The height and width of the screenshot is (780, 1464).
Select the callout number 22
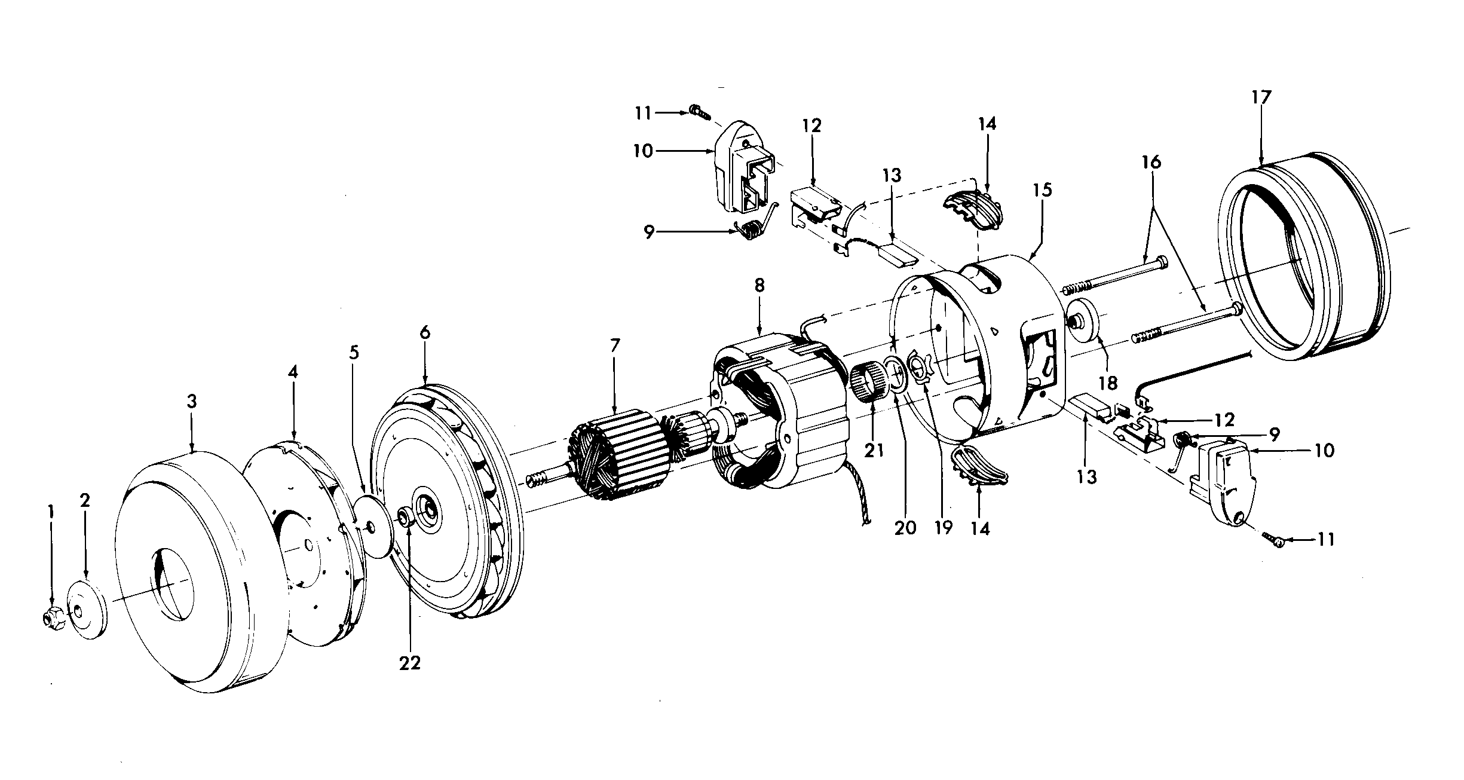[x=410, y=663]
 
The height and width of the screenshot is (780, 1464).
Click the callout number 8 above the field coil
[x=759, y=285]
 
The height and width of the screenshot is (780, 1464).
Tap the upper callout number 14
[x=987, y=124]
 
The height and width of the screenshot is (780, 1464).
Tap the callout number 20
[x=905, y=528]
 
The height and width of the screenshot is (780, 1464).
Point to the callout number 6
[x=424, y=334]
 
